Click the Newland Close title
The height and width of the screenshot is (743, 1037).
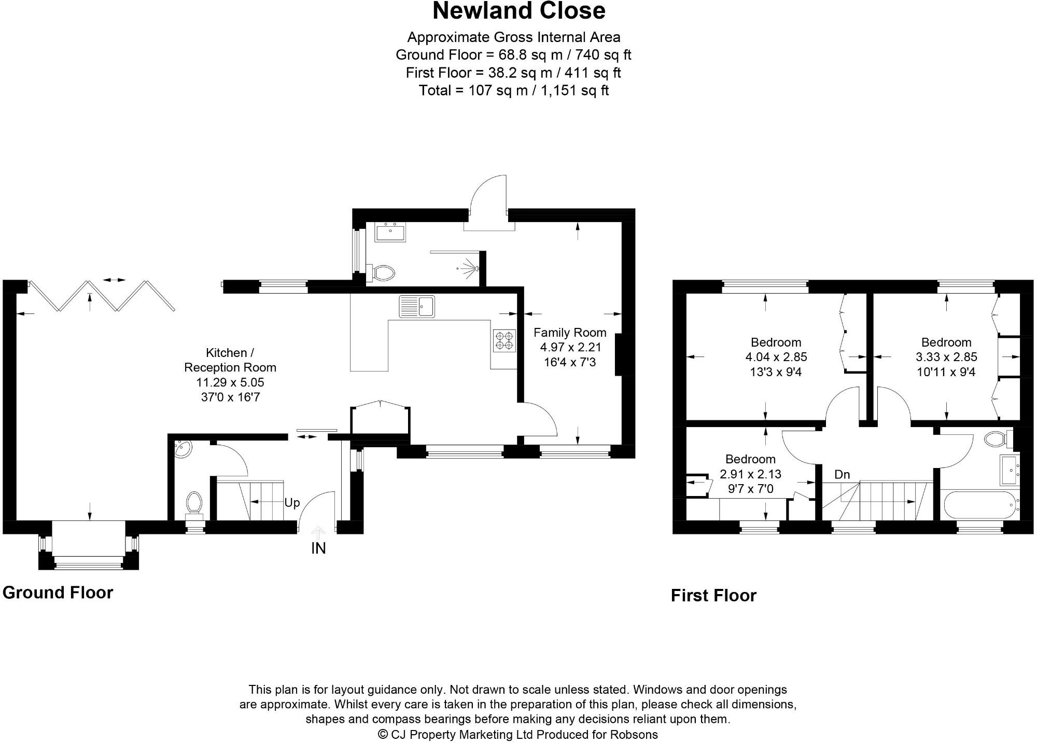pos(518,11)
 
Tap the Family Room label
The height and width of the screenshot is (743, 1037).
pos(570,333)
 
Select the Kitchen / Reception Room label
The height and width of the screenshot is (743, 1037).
pos(230,360)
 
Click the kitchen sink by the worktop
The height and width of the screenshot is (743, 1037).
pos(417,306)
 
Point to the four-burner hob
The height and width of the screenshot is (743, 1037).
pos(505,340)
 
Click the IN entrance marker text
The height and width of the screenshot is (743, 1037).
pos(318,548)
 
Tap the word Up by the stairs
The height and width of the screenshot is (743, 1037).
pos(292,503)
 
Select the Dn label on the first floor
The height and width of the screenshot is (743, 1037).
pos(842,474)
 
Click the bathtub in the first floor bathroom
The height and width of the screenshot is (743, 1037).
pos(978,505)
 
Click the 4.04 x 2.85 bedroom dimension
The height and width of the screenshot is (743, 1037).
pos(776,357)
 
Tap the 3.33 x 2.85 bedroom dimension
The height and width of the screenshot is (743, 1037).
pos(946,357)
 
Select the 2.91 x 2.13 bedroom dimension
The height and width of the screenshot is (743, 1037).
pos(750,474)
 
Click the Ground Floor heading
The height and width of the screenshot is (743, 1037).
pos(58,593)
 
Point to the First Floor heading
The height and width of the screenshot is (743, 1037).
pos(713,596)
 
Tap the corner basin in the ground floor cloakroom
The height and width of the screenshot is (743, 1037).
pos(183,449)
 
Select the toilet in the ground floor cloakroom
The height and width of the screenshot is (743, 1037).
pos(194,503)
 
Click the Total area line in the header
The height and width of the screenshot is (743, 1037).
pos(513,90)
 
